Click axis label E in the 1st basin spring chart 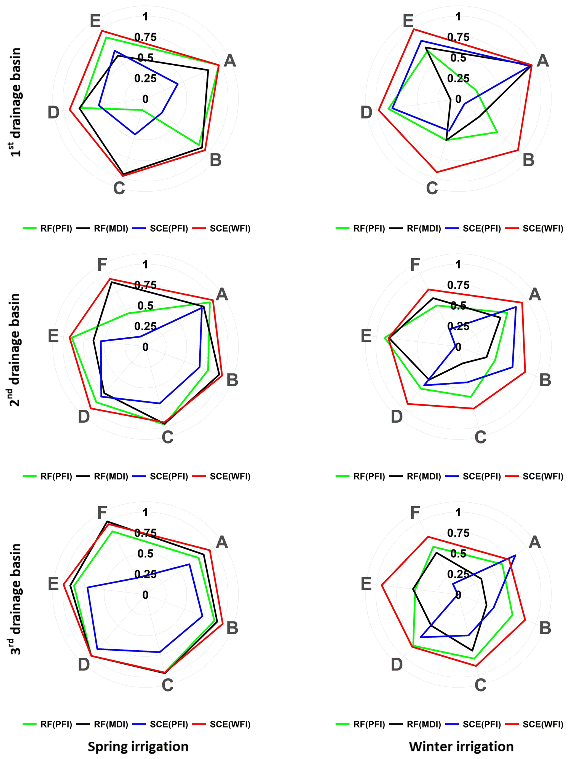coord(95,21)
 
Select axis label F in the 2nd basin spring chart coord(102,265)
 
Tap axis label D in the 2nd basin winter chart coord(397,417)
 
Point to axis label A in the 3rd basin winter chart coord(535,543)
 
